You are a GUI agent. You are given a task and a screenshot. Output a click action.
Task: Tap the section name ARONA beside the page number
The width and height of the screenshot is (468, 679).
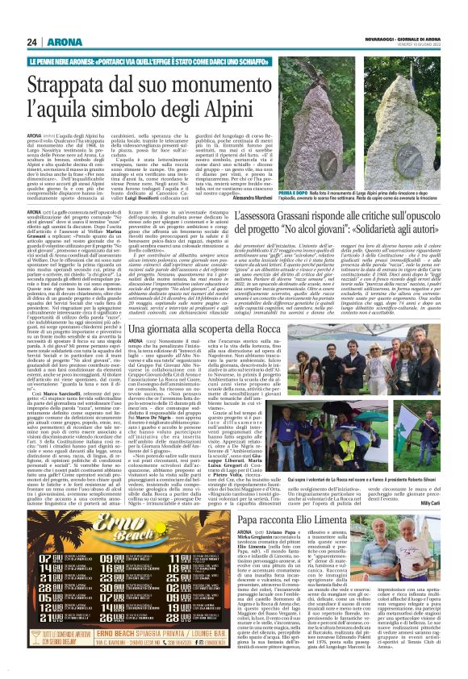[x=59, y=42]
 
